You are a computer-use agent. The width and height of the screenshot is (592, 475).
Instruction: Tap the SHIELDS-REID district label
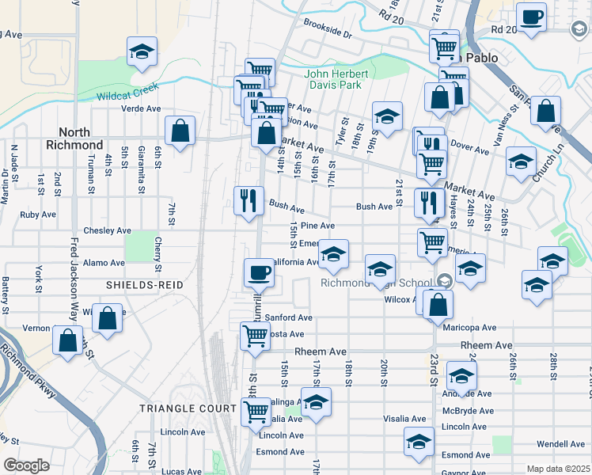pyautogui.click(x=145, y=284)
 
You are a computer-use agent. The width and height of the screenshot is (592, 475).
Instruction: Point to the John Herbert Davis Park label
pyautogui.click(x=333, y=80)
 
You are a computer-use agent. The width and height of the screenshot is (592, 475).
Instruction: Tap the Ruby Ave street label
pyautogui.click(x=38, y=215)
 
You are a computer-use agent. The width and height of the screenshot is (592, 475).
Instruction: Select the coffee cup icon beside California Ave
pyautogui.click(x=259, y=273)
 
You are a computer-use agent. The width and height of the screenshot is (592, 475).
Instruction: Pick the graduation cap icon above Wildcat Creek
pyautogui.click(x=142, y=52)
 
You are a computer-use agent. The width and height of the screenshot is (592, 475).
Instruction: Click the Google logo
pyautogui.click(x=26, y=465)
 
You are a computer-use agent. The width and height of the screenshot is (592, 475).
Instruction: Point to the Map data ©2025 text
pyautogui.click(x=557, y=469)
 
